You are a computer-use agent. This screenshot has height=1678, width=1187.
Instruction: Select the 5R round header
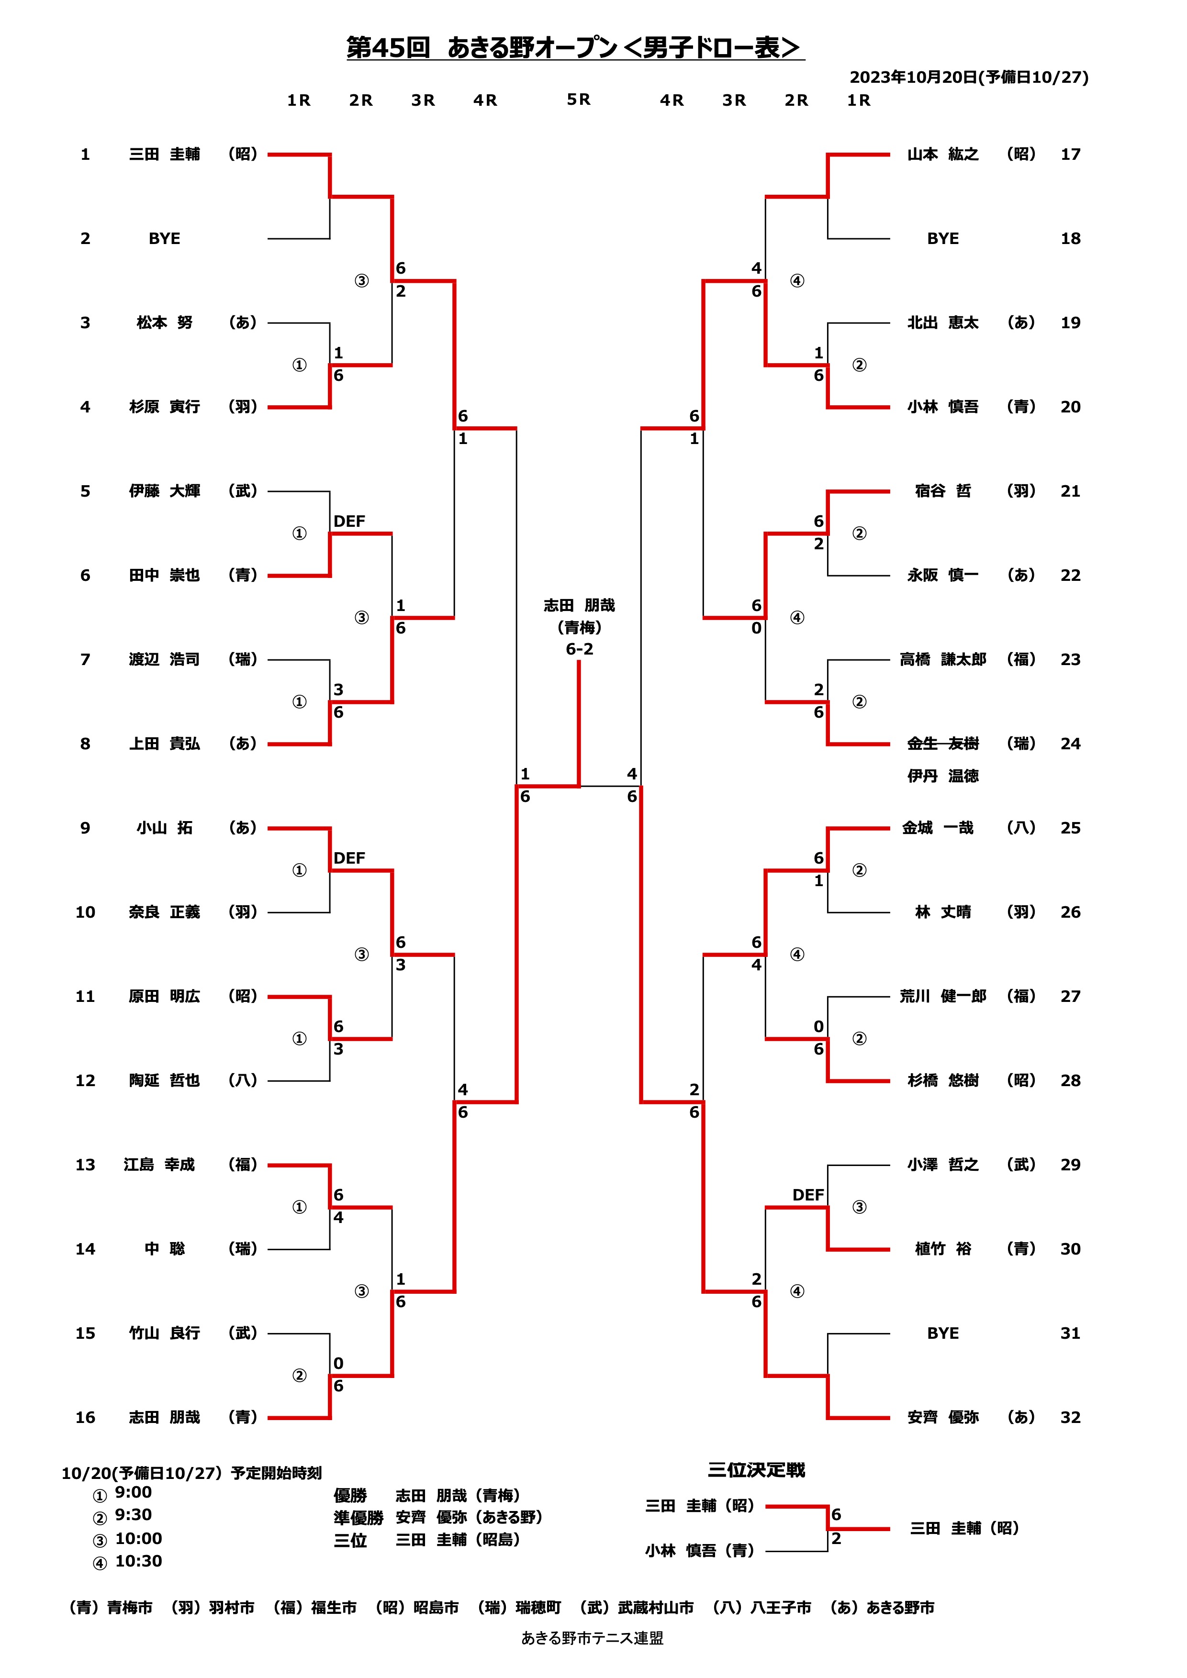click(x=578, y=100)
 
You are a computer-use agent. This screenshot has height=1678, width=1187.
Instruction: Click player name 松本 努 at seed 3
click(x=165, y=322)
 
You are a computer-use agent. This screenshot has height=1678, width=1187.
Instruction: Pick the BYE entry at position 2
click(x=165, y=238)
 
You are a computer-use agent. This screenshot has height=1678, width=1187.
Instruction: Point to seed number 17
click(x=1070, y=154)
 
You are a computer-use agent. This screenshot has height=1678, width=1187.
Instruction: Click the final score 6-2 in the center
click(x=579, y=649)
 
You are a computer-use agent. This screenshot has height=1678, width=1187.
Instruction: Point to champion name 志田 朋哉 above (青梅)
click(x=579, y=605)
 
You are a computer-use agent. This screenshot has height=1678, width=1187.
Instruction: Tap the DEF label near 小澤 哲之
click(x=807, y=1194)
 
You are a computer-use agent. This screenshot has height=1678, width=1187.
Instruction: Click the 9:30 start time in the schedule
click(x=133, y=1515)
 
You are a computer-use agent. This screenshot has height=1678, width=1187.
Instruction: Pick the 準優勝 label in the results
click(x=358, y=1517)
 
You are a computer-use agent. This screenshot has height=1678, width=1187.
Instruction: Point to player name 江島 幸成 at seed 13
click(x=159, y=1164)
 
